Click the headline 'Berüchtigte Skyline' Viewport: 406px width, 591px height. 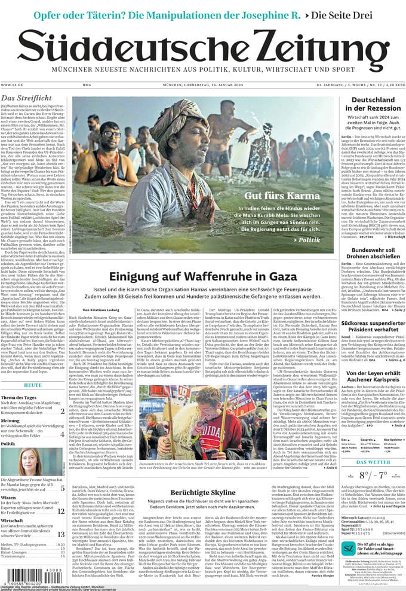tap(203, 491)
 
